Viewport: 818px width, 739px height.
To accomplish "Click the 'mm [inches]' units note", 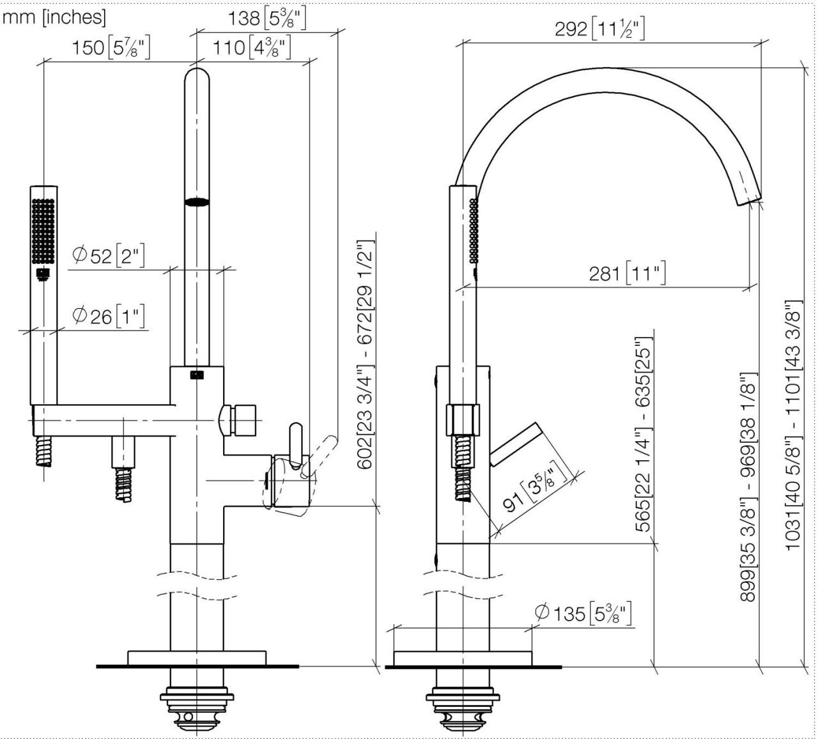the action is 54,17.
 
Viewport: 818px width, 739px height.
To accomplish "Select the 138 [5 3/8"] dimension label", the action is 267,17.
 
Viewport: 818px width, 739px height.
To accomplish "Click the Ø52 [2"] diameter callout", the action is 109,256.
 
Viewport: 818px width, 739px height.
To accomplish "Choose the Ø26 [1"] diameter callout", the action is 109,315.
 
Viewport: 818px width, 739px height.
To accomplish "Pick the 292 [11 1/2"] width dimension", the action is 599,29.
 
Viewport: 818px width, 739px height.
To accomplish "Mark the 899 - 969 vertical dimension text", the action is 748,486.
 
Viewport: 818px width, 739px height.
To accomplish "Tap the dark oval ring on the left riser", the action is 197,203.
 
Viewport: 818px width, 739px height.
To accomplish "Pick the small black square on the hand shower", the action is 43,274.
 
